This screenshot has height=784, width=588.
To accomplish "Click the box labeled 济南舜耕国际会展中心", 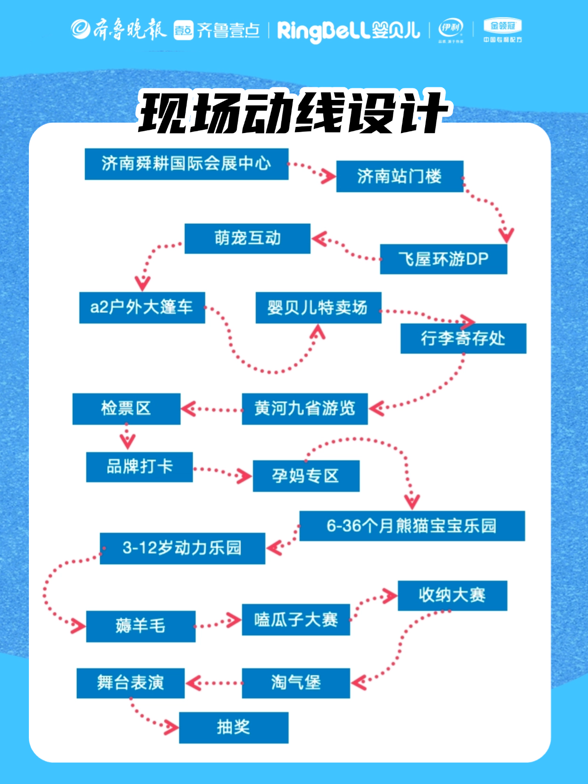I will [x=186, y=164].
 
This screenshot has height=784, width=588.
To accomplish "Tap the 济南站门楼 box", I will [x=400, y=177].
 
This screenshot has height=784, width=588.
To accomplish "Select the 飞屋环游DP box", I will [x=443, y=259].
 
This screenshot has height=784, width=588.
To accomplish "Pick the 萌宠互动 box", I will [x=247, y=238].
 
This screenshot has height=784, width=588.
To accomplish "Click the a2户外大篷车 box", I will [x=142, y=308].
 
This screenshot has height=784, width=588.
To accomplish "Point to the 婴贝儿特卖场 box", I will [x=318, y=308].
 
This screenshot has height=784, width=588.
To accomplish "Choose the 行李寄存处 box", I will [x=463, y=339].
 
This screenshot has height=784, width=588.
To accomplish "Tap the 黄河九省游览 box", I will [x=304, y=409].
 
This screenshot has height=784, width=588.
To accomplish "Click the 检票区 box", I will [x=126, y=409].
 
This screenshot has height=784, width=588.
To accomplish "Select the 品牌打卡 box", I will [x=139, y=467].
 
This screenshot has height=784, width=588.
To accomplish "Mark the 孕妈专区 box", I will [x=306, y=476].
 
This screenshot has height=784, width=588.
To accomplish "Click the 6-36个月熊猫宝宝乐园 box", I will [x=412, y=526].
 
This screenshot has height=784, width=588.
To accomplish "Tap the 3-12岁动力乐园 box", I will [x=182, y=548].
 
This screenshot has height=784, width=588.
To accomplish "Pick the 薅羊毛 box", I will [x=141, y=626].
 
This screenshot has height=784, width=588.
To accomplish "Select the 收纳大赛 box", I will [x=452, y=596].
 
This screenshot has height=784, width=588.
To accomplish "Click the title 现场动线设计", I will [x=294, y=113].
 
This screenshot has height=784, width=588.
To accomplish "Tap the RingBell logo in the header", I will [x=348, y=30].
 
